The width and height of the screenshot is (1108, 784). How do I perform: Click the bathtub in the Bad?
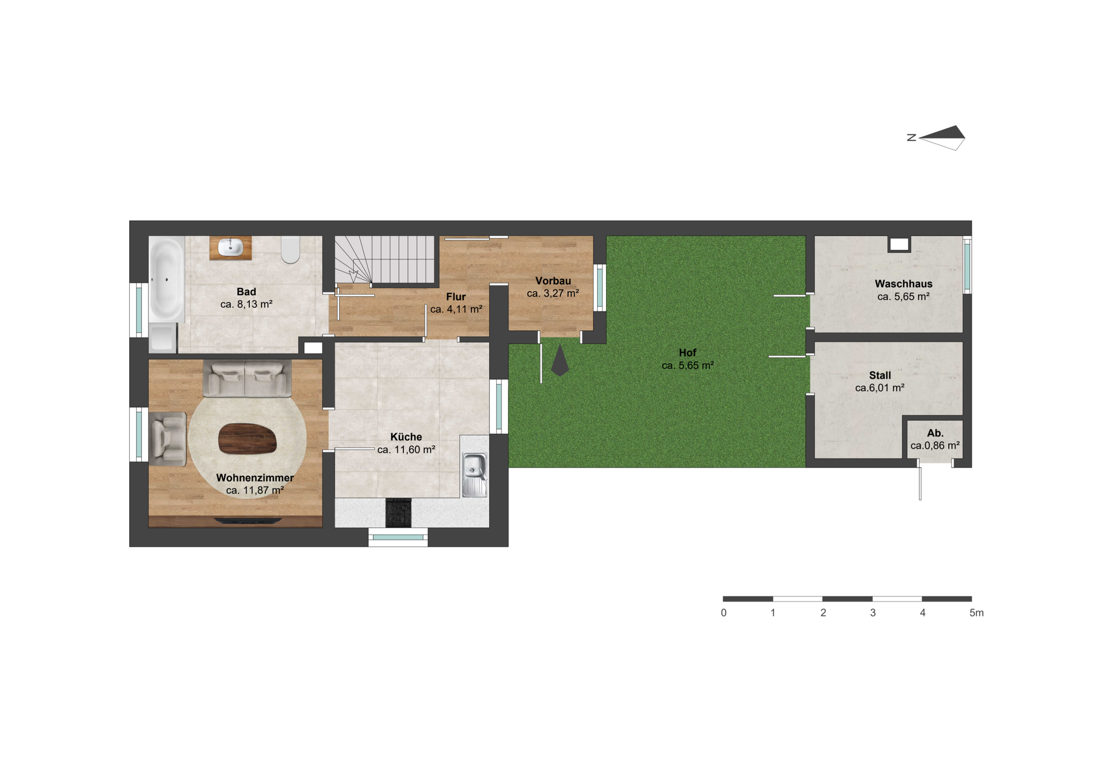pos(167,279)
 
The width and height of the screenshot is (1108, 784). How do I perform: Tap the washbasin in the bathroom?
pos(231,247)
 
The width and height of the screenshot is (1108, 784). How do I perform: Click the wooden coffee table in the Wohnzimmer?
pos(247,439)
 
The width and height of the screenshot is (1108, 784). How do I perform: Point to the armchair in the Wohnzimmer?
pos(168,439)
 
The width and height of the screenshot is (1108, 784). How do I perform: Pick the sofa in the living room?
pos(247,379)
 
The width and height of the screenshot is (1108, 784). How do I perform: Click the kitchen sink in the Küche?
pos(474,474)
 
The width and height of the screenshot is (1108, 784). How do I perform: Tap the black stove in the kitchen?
pos(398,513)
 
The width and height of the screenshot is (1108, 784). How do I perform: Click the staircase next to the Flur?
pos(384,259)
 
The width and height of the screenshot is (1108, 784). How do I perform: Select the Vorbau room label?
pos(553,281)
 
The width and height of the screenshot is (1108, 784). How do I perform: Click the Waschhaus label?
pos(904,284)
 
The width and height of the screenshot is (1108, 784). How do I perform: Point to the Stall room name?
pos(880,375)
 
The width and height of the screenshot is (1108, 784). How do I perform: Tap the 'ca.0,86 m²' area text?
pos(935,446)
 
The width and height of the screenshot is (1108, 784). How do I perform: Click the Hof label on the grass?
pos(687,353)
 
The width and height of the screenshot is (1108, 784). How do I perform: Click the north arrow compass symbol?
pos(942,138)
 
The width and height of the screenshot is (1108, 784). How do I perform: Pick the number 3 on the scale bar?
pos(873,613)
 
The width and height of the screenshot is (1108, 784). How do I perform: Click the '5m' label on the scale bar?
pos(976,613)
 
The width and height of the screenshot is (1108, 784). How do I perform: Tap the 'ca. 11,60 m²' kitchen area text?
pos(406,450)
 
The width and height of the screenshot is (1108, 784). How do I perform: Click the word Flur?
pos(456,297)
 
